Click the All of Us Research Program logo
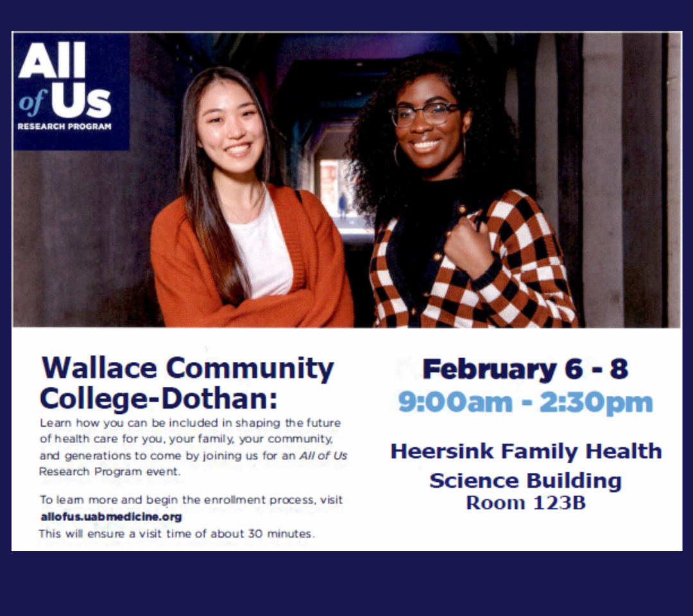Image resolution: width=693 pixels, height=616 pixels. coord(71,91)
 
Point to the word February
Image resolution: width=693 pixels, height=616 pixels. coord(489,370)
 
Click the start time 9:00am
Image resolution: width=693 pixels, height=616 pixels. coord(455,402)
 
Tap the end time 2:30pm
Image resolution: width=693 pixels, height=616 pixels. coord(595,403)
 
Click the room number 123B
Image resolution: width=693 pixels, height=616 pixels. coord(560,503)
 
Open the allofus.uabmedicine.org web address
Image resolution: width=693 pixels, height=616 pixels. coord(112,517)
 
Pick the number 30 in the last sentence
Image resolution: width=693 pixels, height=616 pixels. coord(255,533)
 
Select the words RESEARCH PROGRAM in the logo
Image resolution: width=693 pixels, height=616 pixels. coord(65,126)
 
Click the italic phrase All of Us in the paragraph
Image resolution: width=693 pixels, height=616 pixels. coord(323,455)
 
